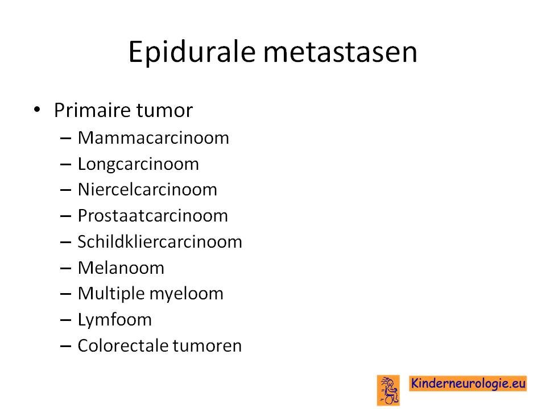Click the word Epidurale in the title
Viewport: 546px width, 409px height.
coord(192,52)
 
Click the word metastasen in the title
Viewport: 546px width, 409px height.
coord(340,52)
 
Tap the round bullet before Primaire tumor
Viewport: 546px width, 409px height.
coord(37,110)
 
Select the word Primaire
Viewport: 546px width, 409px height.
coord(93,110)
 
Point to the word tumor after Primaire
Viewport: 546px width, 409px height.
coord(164,111)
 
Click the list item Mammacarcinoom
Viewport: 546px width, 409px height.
coord(153,137)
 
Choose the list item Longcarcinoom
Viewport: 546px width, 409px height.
coord(138,164)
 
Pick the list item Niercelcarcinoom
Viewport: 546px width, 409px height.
coord(147,190)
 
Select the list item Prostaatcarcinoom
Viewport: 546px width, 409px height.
coord(153,216)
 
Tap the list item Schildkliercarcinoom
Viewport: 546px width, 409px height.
coord(160,241)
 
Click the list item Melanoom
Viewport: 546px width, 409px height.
coord(121,268)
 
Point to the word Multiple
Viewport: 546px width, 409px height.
coord(111,294)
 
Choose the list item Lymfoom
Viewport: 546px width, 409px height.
coord(114,320)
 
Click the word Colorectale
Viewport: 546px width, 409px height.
coord(123,346)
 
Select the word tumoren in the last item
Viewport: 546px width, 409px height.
coord(207,346)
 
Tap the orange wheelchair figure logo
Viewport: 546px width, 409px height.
coord(388,390)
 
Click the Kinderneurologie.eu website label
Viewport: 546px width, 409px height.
coord(468,383)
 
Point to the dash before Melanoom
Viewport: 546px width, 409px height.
coord(65,269)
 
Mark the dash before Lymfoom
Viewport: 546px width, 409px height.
coord(65,320)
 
